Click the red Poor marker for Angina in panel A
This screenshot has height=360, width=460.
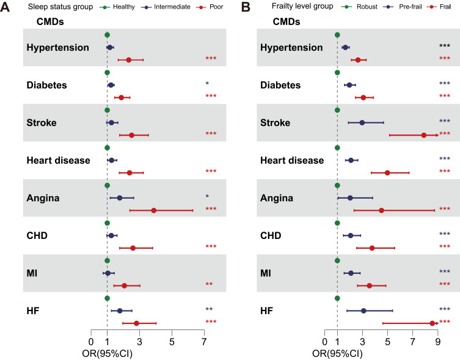pyautogui.click(x=154, y=210)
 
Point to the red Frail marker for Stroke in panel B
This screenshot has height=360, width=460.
pyautogui.click(x=424, y=134)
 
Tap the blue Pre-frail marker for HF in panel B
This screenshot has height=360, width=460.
pyautogui.click(x=363, y=310)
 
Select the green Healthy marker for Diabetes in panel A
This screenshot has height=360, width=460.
pyautogui.click(x=107, y=73)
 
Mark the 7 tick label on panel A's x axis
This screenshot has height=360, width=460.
pyautogui.click(x=204, y=342)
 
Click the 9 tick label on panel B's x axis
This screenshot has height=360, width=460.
pyautogui.click(x=437, y=342)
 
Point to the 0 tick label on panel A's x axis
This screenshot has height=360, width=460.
pyautogui.click(x=91, y=342)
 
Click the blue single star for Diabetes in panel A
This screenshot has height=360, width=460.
pyautogui.click(x=207, y=83)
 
